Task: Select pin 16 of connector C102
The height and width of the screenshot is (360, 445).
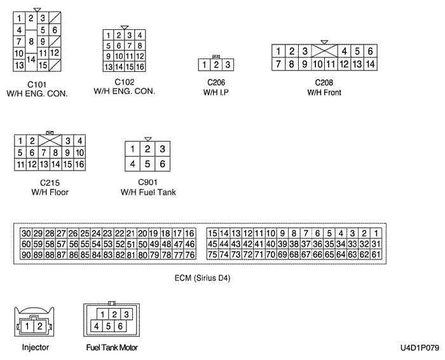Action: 140,67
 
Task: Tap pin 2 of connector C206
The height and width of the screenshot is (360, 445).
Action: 216,64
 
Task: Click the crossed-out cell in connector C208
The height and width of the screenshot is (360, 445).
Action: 324,51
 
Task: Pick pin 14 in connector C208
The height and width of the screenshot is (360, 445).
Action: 370,64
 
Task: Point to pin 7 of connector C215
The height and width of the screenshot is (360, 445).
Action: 44,153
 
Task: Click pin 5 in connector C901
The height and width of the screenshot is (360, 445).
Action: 147,164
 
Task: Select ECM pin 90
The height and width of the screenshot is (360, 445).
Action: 26,254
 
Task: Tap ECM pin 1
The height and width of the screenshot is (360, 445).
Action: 376,233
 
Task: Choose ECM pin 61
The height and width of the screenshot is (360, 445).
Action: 376,254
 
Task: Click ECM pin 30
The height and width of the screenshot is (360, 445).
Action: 26,233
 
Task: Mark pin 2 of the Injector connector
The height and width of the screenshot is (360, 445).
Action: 40,326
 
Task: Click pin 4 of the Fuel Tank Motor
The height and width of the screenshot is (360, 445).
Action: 96,326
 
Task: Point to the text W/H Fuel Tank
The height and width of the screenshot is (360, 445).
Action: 148,192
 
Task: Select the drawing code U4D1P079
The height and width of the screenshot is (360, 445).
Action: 419,348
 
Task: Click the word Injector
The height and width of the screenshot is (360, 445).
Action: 35,347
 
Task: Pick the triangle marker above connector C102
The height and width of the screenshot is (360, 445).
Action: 125,27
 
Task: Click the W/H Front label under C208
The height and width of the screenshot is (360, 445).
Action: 324,92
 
